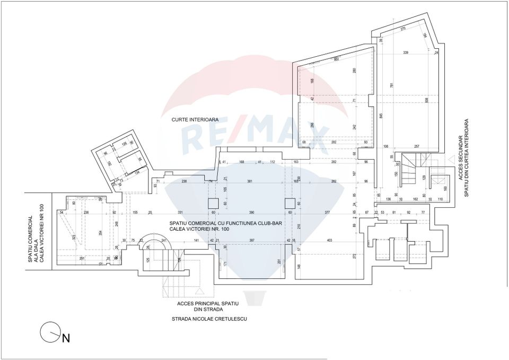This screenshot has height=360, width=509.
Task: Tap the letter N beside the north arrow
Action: coord(66,338)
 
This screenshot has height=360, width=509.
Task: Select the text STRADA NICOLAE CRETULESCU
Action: coord(209,319)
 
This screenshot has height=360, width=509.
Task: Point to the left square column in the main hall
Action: coord(213,203)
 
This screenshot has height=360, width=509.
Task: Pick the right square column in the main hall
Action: coord(289,203)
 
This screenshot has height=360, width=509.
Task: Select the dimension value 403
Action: coord(330,241)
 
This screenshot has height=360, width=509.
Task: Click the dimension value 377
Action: coord(327,212)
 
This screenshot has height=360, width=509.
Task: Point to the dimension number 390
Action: coord(251,212)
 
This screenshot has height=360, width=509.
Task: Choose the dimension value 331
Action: coord(180,212)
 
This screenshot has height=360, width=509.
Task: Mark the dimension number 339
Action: coord(406,53)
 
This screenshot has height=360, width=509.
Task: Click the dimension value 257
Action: coord(417,146)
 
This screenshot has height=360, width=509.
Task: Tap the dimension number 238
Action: coord(184,181)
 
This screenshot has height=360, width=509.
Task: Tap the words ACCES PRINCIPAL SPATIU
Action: coord(209,303)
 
